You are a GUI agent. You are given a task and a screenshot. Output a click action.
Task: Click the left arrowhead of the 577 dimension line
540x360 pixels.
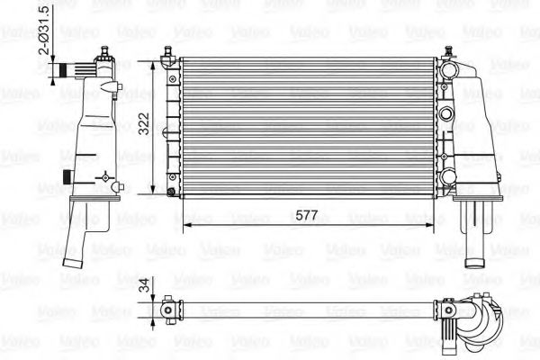pyautogui.click(x=186, y=225)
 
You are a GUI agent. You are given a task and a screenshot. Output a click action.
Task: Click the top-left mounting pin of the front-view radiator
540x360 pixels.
pyautogui.click(x=166, y=60)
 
